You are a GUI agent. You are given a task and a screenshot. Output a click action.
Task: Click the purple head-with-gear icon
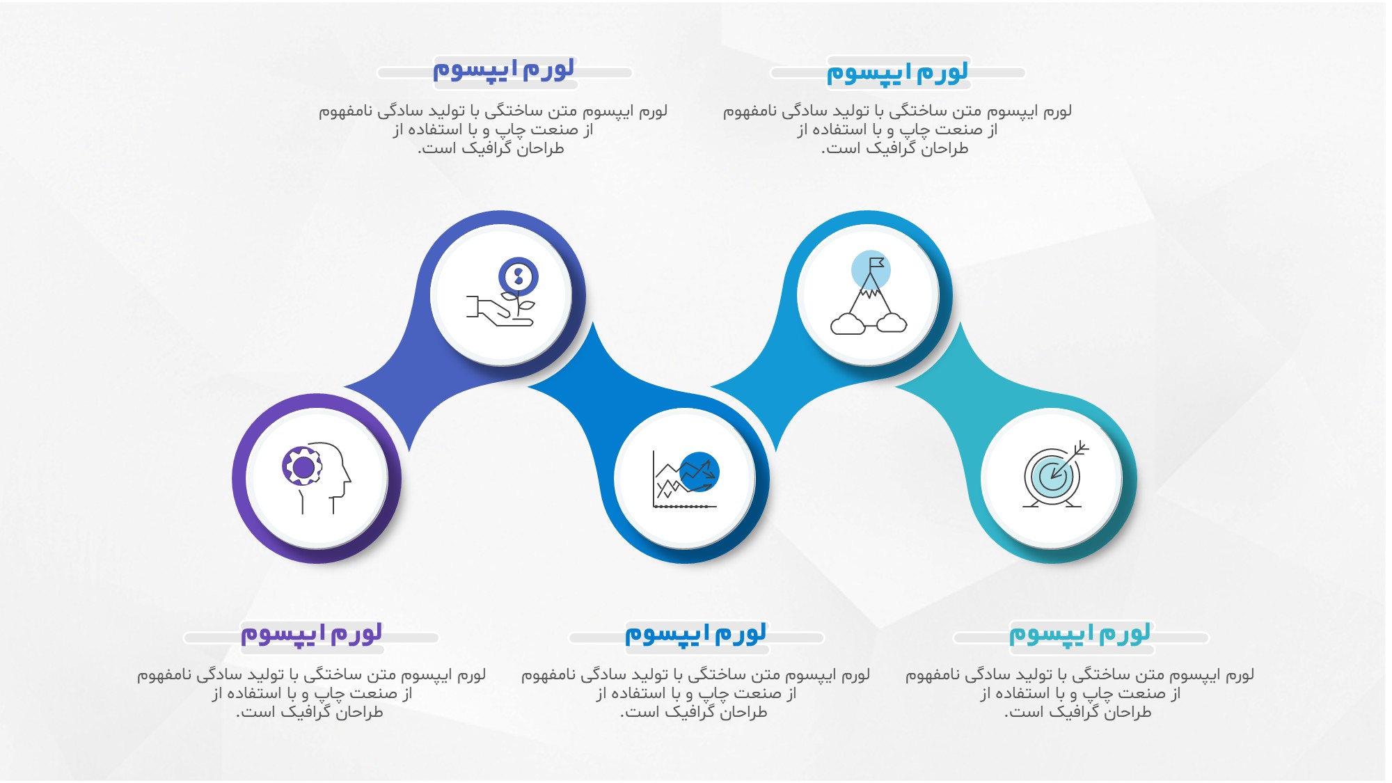pos(317,477)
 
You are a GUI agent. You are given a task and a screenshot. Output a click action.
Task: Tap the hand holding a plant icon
pos(501,292)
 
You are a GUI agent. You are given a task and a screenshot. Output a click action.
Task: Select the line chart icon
pos(686,480)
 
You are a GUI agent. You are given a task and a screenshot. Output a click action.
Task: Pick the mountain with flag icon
pos(869,292)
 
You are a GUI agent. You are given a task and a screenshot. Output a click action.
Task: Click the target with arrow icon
pos(1055,474)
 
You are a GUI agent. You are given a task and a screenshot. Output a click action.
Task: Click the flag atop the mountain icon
pos(876,264)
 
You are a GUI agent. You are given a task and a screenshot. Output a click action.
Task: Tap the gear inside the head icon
pos(303,466)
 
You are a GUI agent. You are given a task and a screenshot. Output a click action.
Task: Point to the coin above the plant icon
pos(519,277)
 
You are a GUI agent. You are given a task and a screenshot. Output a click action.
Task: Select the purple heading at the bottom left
pos(311,634)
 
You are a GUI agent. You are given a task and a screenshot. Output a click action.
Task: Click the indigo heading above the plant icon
pos(504,69)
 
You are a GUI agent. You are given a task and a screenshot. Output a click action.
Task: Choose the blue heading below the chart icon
pos(695,634)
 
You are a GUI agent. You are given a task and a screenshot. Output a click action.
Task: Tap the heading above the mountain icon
pos(897,72)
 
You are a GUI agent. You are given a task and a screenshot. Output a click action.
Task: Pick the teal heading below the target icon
pos(1079,634)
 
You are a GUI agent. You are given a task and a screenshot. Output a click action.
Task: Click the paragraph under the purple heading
pos(311,693)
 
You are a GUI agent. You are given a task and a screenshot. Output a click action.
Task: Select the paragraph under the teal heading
pos(1079,693)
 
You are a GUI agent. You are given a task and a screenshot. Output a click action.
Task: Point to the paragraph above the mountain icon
pos(897,129)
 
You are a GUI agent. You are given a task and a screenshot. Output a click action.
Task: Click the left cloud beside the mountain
pos(848,324)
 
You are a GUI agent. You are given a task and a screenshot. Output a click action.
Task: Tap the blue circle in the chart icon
pos(699,471)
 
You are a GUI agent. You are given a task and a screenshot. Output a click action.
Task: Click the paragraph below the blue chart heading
pos(695,693)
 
